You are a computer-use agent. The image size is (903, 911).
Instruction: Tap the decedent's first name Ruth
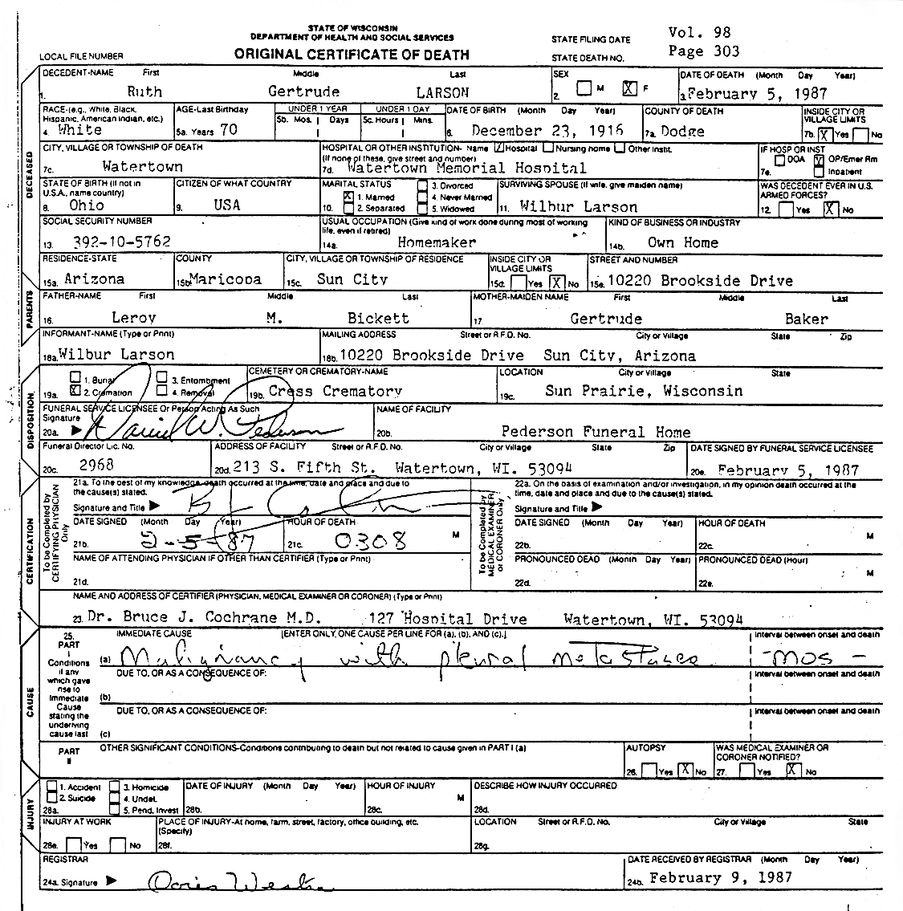[144, 92]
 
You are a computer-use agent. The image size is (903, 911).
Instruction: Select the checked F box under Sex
[629, 89]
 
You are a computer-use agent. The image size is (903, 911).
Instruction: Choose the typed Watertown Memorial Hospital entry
[467, 168]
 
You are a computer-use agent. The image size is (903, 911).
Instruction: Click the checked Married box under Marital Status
[348, 196]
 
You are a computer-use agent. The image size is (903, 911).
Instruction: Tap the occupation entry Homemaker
[437, 242]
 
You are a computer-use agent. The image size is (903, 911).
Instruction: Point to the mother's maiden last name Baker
[806, 319]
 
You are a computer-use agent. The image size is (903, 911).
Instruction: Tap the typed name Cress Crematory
[336, 391]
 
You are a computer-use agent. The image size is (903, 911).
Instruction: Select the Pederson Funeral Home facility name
[596, 431]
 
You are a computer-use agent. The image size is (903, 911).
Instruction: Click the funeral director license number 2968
[96, 465]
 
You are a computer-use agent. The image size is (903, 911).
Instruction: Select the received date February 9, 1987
[720, 877]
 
